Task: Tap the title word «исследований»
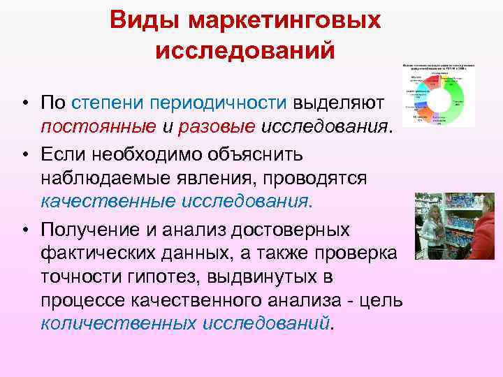tap(245, 51)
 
